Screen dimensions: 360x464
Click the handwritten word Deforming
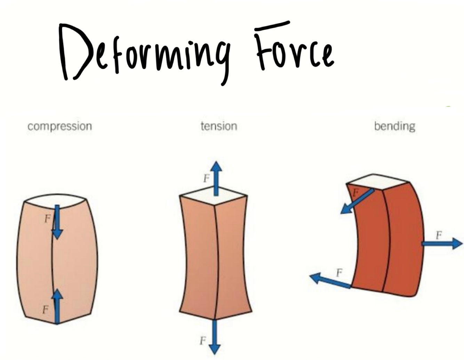144,52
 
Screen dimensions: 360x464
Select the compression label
60,126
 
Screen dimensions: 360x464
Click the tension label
219,126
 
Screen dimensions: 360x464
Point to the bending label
394,126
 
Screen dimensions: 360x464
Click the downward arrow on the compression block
57,223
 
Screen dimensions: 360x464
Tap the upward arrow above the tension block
216,177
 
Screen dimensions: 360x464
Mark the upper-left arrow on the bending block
357,202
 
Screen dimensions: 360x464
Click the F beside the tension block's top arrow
207,179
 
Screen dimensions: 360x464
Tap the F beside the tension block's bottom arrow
203,341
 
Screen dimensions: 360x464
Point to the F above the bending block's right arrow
439,235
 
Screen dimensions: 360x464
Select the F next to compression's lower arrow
45,309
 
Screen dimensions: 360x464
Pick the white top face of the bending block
377,182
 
